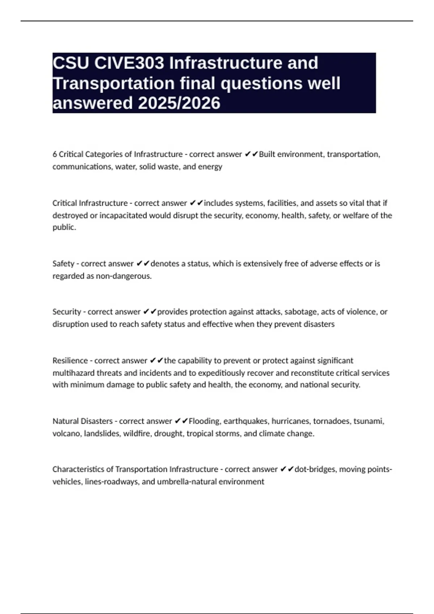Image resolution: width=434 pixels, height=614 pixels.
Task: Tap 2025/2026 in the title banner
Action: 179,103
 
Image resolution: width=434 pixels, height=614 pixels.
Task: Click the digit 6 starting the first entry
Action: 55,154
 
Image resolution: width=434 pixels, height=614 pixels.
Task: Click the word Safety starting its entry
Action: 63,264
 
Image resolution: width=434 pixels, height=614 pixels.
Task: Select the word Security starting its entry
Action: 67,312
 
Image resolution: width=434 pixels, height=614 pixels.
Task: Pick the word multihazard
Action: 73,373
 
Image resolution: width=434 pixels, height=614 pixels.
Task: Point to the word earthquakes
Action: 246,421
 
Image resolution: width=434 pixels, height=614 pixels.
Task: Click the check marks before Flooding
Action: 181,421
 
